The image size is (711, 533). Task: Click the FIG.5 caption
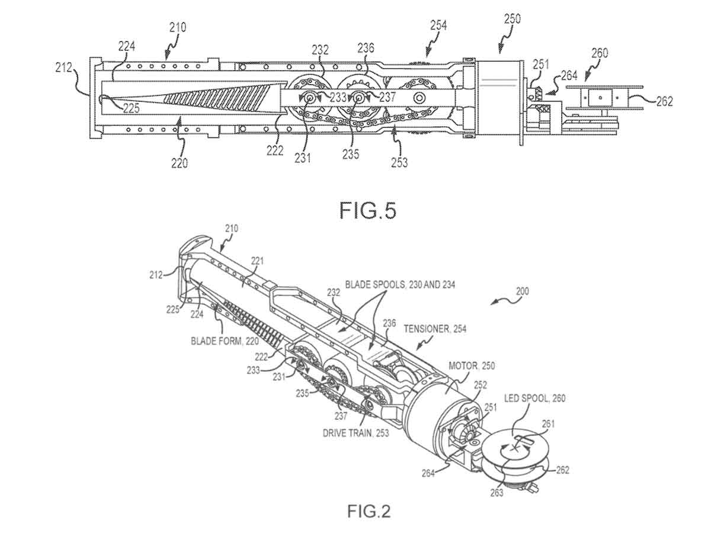point(367,210)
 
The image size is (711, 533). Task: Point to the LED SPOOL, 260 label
point(534,398)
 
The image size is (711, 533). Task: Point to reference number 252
point(480,385)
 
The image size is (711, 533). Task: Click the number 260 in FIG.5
point(599,53)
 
